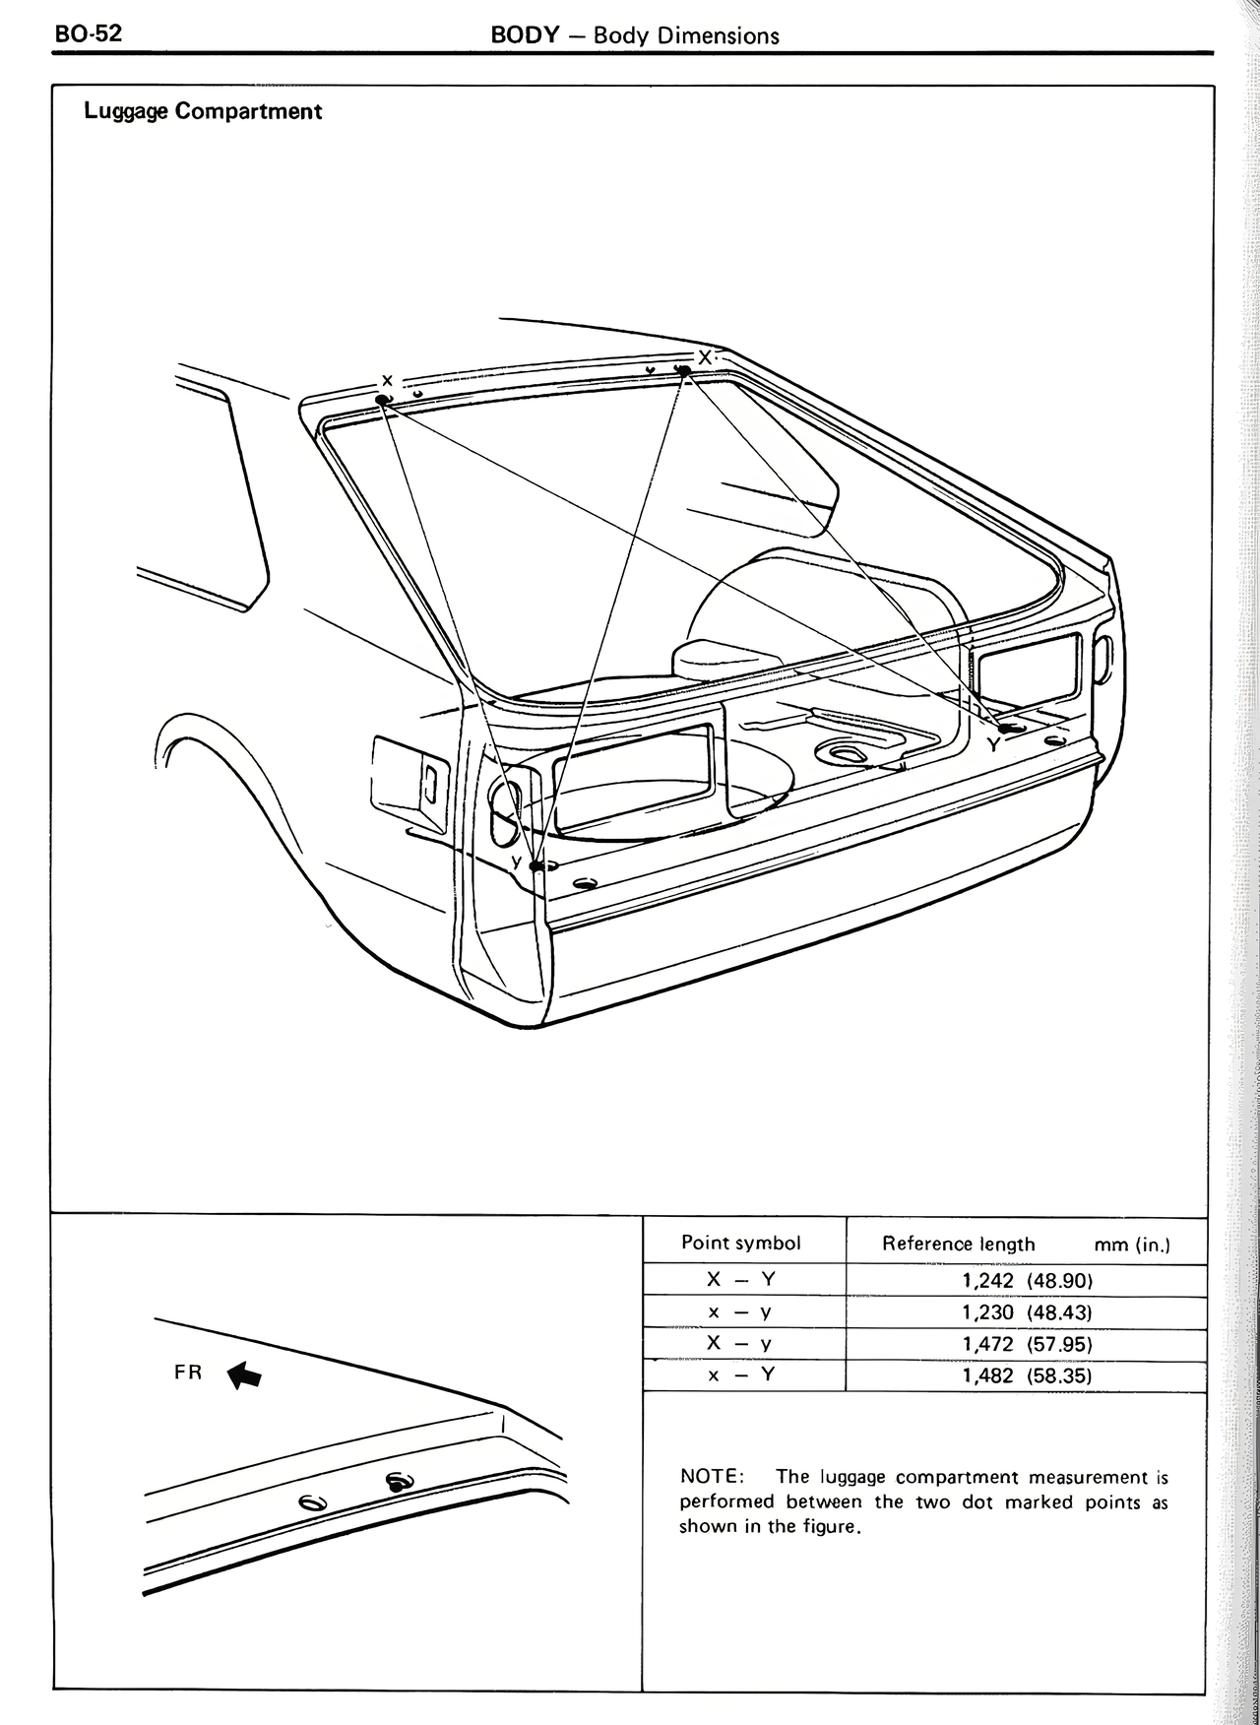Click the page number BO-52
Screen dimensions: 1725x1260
89,33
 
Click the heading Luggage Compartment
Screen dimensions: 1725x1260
203,111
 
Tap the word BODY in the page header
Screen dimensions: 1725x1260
525,35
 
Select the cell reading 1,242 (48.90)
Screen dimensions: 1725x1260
1027,1280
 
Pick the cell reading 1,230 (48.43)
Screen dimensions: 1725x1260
1027,1312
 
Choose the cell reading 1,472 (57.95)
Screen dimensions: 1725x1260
1027,1344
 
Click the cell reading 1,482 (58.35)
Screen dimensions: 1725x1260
1027,1375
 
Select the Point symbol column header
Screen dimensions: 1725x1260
741,1243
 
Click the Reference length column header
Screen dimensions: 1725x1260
958,1244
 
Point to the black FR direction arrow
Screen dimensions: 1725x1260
245,1375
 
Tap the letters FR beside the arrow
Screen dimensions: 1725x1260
188,1372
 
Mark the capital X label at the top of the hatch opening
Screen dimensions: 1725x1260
705,356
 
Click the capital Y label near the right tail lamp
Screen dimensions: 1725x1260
993,744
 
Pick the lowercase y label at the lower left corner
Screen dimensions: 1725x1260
516,862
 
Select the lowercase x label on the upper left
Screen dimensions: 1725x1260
387,380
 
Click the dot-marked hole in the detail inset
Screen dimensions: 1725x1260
399,1481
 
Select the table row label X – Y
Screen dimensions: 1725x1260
741,1279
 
